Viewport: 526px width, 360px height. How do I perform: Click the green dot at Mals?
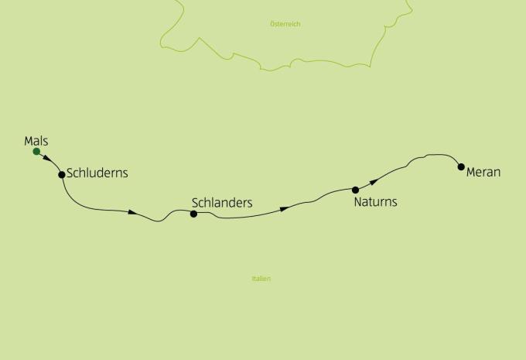click(x=36, y=151)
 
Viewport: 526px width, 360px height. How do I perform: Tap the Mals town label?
click(x=36, y=140)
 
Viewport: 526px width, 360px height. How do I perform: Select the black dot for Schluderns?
click(x=62, y=174)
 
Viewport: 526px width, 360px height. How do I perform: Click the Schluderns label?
click(x=97, y=173)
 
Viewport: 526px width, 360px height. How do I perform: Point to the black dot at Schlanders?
click(x=194, y=214)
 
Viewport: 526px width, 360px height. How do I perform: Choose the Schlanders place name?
click(x=221, y=203)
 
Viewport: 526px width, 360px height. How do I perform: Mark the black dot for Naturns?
click(x=356, y=190)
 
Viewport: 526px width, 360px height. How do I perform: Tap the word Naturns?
click(x=375, y=202)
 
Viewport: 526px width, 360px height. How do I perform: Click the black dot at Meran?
click(x=461, y=166)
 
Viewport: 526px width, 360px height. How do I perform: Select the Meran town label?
click(x=483, y=172)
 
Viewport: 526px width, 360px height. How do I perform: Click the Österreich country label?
click(x=285, y=24)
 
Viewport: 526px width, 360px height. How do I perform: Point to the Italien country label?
click(x=261, y=279)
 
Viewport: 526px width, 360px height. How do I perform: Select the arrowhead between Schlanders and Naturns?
click(x=285, y=208)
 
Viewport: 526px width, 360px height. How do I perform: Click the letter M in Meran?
click(x=471, y=172)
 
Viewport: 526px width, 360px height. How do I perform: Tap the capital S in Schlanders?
click(x=195, y=203)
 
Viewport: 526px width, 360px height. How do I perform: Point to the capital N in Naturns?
click(x=358, y=202)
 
